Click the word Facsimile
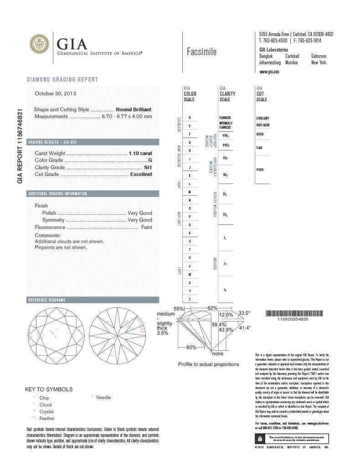click(201, 52)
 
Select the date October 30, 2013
click(56, 93)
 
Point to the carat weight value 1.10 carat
click(140, 153)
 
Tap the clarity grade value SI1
click(148, 167)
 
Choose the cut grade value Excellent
click(141, 174)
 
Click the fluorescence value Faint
click(147, 227)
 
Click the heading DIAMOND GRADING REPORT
click(62, 80)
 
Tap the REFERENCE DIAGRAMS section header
click(47, 300)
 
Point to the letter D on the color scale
click(190, 118)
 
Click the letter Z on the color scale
click(190, 299)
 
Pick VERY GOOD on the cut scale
click(263, 125)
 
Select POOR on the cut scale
click(260, 170)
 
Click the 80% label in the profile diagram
click(191, 348)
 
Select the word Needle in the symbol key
click(103, 397)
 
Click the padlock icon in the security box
click(259, 439)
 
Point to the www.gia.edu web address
click(269, 72)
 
